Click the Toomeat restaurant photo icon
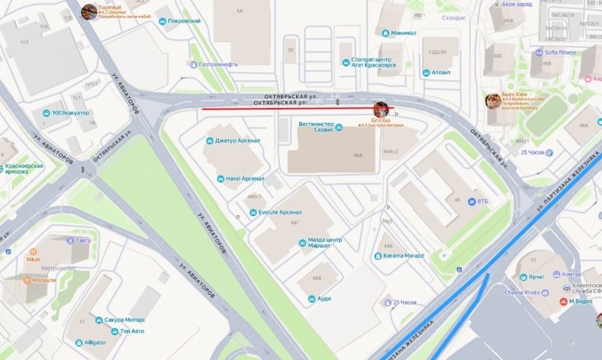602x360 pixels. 89,11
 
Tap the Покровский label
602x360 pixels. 184,22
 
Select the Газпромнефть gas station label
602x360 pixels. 223,64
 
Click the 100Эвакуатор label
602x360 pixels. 70,112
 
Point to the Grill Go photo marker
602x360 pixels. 381,109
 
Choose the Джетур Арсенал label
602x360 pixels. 237,140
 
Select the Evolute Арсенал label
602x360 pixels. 280,212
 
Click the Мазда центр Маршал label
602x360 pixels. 325,244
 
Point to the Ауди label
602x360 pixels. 324,298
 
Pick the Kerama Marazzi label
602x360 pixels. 403,256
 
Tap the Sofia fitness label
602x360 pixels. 555,52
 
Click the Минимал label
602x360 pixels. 403,33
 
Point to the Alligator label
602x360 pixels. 94,343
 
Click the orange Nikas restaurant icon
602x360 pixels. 33,252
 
